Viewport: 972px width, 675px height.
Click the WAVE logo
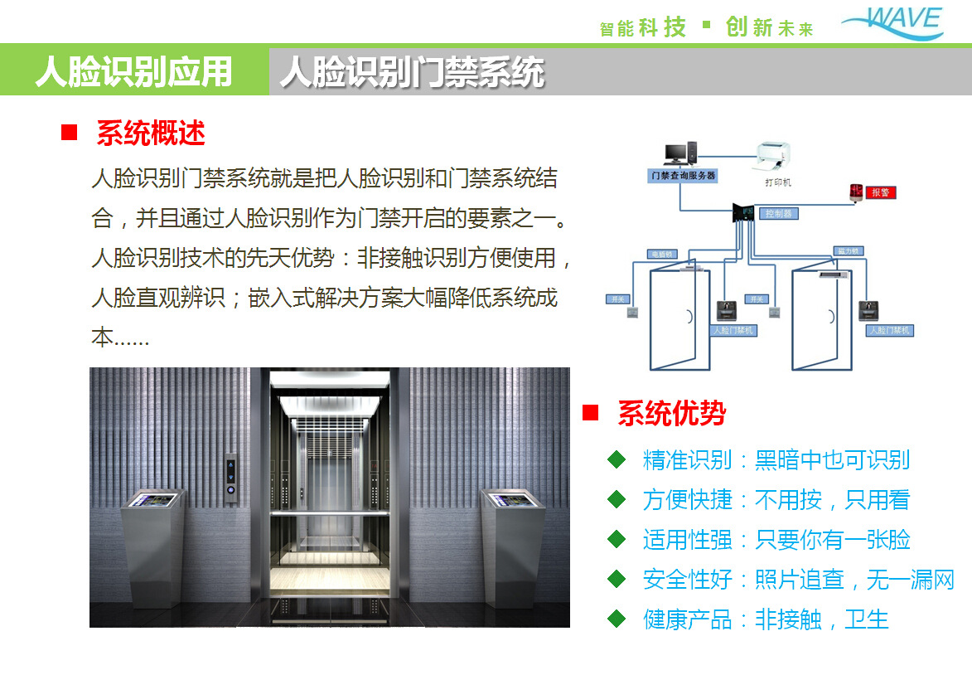892,22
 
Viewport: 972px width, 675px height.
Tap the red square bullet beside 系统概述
70,133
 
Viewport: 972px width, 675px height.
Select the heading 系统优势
671,412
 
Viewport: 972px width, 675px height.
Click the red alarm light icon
855,192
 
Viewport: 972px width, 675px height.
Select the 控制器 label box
779,213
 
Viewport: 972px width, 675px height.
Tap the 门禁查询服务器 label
683,176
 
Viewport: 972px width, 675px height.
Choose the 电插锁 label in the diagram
661,253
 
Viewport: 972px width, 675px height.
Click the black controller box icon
746,214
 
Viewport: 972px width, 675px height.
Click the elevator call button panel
230,478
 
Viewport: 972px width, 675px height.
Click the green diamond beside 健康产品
617,618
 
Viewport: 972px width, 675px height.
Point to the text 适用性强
687,540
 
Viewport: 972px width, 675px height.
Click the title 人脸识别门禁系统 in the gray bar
412,72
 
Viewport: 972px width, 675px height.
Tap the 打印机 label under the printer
777,182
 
